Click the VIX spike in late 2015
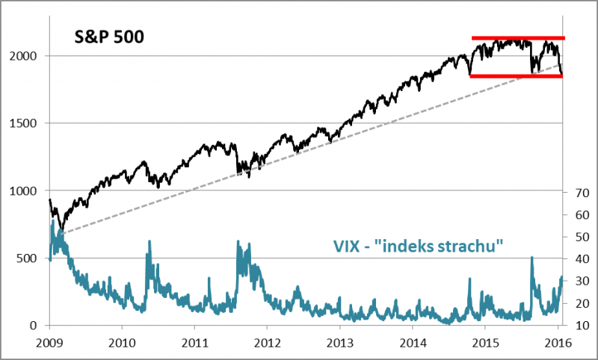click(531, 258)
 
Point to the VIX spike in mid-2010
click(149, 243)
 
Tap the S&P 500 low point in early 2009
click(62, 229)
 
